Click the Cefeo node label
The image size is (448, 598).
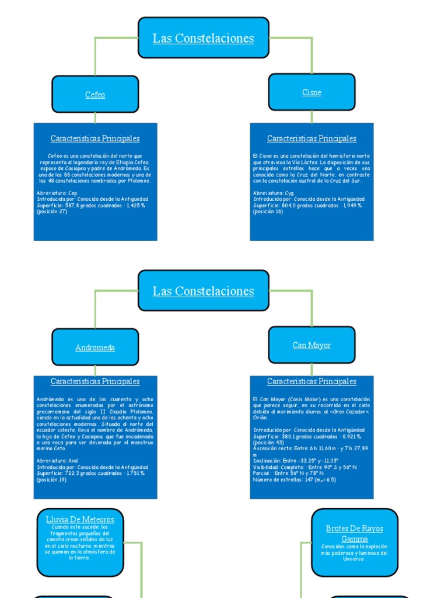pos(95,95)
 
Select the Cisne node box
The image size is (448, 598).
pos(311,92)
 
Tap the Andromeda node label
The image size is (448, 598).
pos(95,347)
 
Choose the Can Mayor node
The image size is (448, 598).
pos(311,345)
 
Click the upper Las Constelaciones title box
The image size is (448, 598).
pos(204,39)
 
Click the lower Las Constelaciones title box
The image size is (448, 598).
pos(204,291)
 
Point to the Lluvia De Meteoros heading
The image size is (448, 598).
pos(80,519)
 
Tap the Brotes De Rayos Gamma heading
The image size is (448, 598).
pos(355,533)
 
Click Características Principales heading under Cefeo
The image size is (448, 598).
pos(95,139)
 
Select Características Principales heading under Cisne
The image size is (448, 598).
pos(311,139)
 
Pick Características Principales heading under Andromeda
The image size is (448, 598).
pos(95,381)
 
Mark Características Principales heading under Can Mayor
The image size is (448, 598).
pos(311,381)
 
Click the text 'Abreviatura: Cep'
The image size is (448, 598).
pos(57,193)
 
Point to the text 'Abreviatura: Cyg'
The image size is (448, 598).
pos(273,193)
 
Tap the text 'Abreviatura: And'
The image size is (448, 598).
pos(57,461)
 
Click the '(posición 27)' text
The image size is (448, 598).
pos(52,211)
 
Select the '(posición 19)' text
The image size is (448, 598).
pos(51,479)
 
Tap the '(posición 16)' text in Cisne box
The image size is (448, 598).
pos(268,211)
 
